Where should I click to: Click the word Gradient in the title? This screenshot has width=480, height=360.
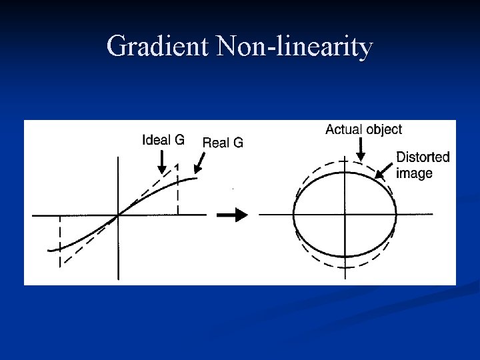coord(157,47)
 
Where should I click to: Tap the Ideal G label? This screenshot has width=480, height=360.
coord(163,140)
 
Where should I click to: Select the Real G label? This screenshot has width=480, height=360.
coord(223,142)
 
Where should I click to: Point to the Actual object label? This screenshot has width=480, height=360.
coord(363,129)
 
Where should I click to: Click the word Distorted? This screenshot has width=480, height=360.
coord(423,157)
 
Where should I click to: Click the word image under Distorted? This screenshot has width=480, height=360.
coord(414,173)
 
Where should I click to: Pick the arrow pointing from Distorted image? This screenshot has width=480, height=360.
coord(384,172)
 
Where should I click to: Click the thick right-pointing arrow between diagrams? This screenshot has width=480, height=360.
coord(233,215)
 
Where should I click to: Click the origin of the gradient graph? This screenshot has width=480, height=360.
coord(119,215)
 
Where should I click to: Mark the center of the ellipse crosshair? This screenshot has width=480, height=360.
coord(345,215)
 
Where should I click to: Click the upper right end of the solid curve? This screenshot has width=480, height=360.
coord(197,177)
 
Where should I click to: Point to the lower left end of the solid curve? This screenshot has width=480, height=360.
coord(49,250)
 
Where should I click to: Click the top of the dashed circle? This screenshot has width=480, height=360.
coord(345,163)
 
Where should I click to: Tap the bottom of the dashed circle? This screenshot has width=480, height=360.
coord(345,267)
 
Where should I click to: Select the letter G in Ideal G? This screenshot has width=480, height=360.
coord(179,140)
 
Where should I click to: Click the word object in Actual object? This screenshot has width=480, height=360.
coord(384,129)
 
